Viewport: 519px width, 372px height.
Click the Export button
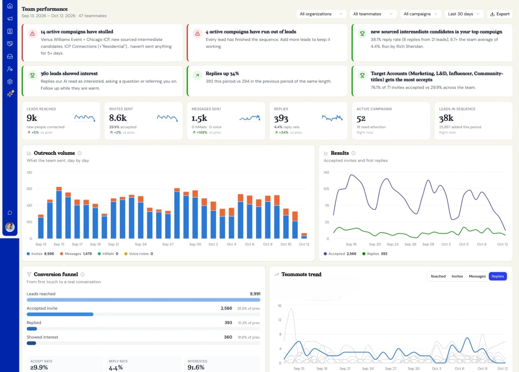[x=500, y=14]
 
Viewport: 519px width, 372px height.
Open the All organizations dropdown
[x=321, y=14]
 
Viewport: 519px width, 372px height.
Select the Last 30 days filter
[x=464, y=14]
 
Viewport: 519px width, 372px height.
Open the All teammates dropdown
[x=373, y=14]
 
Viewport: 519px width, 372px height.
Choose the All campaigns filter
[x=420, y=14]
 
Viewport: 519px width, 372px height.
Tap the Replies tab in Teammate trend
[x=498, y=276]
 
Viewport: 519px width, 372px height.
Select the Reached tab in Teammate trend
[x=438, y=276]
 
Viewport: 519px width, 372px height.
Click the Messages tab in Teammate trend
[x=477, y=276]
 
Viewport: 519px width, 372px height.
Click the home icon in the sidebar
[x=10, y=6]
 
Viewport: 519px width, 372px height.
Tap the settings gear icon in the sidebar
[x=10, y=82]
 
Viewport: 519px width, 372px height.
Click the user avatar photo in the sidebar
[x=10, y=227]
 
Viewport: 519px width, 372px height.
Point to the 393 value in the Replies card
[x=281, y=118]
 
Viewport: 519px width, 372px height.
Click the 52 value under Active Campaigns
[x=361, y=119]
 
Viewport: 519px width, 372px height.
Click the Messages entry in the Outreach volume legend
[x=76, y=254]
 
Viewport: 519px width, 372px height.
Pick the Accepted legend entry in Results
[x=340, y=254]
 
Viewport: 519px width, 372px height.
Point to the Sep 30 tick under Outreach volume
[x=195, y=244]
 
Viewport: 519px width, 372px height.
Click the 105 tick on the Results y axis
[x=326, y=189]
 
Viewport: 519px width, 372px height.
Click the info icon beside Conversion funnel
[x=83, y=274]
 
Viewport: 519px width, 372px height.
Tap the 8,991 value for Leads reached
[x=255, y=294]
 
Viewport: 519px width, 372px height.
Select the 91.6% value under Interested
[x=196, y=367]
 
